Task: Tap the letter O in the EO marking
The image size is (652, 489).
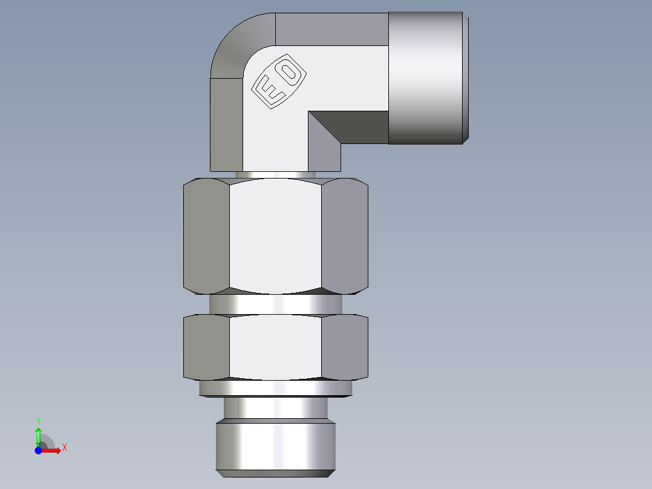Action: coord(290,73)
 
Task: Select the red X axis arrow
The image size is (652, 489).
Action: coord(51,450)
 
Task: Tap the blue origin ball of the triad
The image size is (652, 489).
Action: coord(38,450)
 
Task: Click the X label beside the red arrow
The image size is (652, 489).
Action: coord(64,448)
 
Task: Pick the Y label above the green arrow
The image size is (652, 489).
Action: coord(38,421)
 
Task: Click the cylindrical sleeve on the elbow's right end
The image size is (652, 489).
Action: coord(426,77)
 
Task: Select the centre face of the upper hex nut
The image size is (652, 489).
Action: coord(275,236)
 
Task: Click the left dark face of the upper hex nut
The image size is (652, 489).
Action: coord(206,236)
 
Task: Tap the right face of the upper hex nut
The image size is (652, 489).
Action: coord(344,236)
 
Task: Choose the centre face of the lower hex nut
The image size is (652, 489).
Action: coord(275,348)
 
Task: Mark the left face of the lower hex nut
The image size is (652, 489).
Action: coord(206,348)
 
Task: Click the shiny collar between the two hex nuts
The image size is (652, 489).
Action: coord(275,304)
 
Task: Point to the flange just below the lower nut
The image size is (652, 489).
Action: coord(275,388)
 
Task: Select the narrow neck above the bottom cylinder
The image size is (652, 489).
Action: coord(275,409)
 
